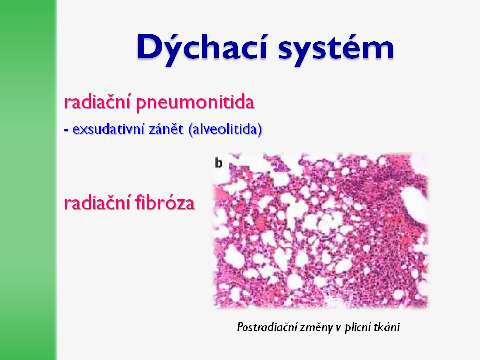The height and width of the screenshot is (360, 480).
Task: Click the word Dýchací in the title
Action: click(x=202, y=48)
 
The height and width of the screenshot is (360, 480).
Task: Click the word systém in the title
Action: click(x=336, y=49)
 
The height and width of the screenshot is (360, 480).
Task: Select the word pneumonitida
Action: click(x=195, y=103)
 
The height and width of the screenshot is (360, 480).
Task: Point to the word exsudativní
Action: click(x=108, y=129)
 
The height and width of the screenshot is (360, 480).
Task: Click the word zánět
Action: click(x=166, y=129)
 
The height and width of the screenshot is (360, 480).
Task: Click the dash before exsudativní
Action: click(x=66, y=131)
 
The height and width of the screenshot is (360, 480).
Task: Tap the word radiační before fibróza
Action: click(x=98, y=202)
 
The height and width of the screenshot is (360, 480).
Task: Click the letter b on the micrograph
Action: click(x=219, y=163)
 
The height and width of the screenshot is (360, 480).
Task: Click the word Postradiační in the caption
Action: click(x=266, y=327)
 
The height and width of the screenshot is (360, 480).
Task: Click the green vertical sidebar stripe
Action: click(x=28, y=180)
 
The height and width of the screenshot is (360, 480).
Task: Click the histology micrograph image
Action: click(x=320, y=231)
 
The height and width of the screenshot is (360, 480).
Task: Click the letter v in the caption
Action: click(x=338, y=328)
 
